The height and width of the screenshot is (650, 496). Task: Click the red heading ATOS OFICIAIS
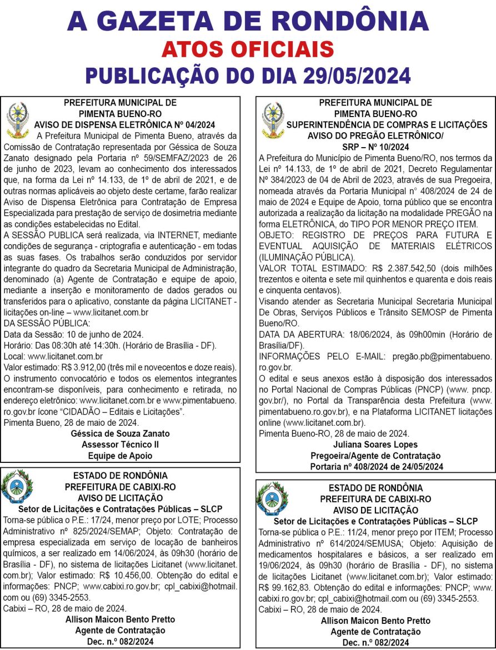tap(248, 50)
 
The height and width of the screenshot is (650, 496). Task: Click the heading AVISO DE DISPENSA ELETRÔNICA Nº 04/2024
tap(124, 124)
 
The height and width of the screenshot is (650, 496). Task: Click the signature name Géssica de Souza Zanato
tap(121, 434)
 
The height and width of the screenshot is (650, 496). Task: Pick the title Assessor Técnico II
tap(121, 445)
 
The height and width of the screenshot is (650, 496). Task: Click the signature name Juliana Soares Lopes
tap(375, 445)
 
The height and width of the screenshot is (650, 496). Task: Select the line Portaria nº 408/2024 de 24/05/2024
tap(376, 466)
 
